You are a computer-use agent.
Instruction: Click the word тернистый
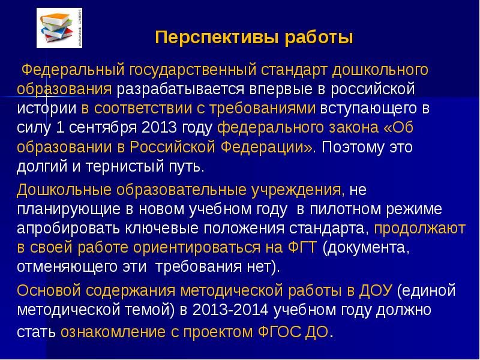coord(124,167)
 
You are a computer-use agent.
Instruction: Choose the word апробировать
coord(67,229)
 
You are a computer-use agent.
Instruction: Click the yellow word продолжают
coord(420,229)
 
